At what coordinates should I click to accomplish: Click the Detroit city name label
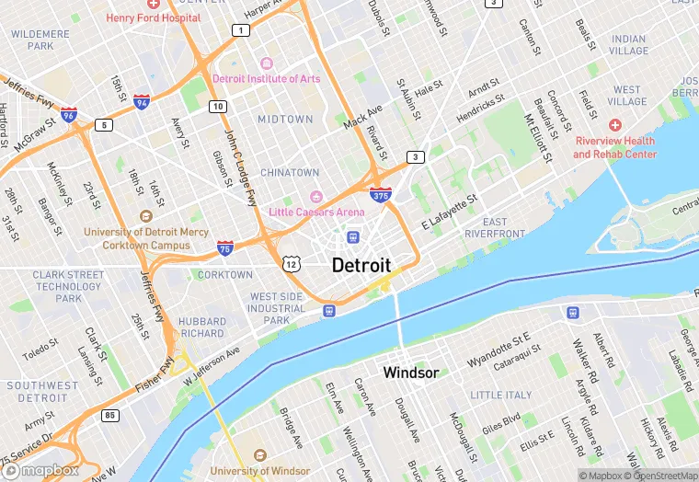[x=361, y=265]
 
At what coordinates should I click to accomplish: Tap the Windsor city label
[x=410, y=373]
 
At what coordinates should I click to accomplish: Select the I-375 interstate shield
[x=380, y=194]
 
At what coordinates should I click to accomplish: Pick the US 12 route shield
[x=292, y=264]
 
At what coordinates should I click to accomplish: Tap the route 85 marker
[x=110, y=415]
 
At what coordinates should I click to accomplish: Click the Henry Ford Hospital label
[x=153, y=17]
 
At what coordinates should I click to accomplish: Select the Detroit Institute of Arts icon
[x=267, y=63]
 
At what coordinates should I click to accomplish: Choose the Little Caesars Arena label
[x=316, y=212]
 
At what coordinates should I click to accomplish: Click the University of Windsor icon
[x=259, y=456]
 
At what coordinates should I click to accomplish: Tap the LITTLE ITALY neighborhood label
[x=501, y=395]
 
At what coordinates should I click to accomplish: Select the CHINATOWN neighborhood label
[x=290, y=172]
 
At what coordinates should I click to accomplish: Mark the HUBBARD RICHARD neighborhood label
[x=202, y=327]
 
